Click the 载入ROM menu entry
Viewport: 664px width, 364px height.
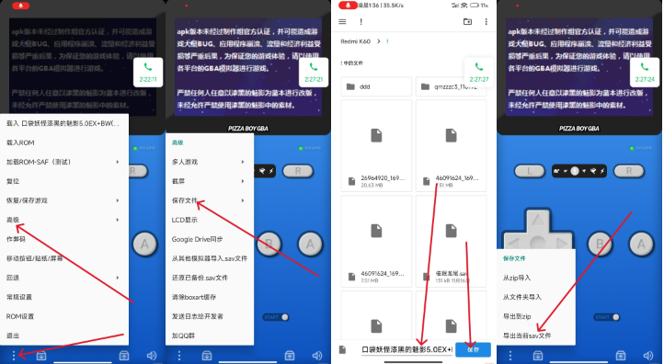coord(20,142)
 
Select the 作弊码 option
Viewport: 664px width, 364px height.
coord(17,239)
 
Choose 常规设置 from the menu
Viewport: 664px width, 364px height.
coord(19,297)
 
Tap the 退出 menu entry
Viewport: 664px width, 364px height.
coord(13,336)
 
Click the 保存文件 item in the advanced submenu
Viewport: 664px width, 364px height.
coord(186,200)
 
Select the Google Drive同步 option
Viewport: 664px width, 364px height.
coord(196,239)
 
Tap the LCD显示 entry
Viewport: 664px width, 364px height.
coord(185,220)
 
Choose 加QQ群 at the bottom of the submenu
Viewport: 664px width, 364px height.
coord(184,336)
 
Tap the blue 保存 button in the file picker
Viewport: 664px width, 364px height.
coord(473,349)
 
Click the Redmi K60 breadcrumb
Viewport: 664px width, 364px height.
coord(358,41)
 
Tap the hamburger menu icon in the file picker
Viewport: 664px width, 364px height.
coord(343,21)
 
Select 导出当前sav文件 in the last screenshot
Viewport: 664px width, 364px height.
coord(527,336)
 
